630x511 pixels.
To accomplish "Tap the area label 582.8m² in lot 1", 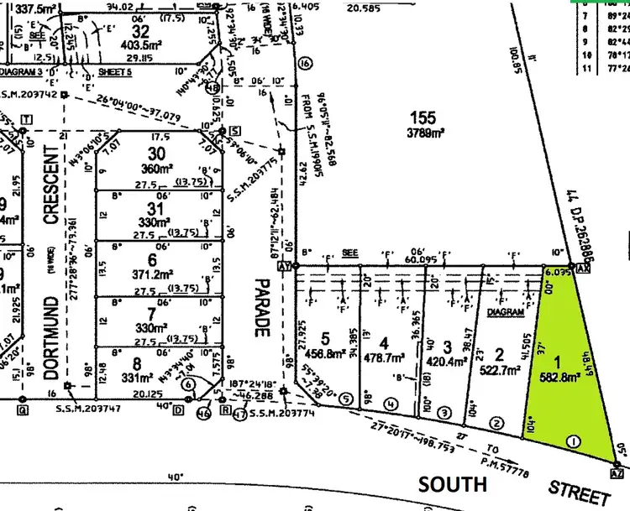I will (558, 376).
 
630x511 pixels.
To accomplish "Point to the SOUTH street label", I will (453, 484).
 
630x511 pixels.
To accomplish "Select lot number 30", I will (156, 153).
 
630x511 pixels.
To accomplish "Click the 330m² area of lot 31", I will (156, 222).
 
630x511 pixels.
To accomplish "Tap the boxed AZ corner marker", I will (619, 473).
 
